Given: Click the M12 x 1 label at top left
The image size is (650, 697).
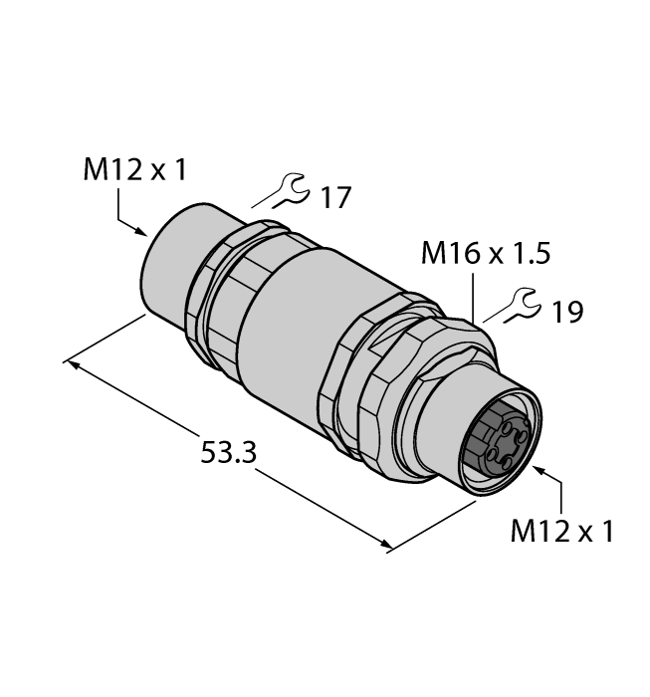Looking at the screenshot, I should pos(134,170).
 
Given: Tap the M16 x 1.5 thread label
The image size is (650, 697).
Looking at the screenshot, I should pos(487,254).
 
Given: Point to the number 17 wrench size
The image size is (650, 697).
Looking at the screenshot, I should pos(335,197).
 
